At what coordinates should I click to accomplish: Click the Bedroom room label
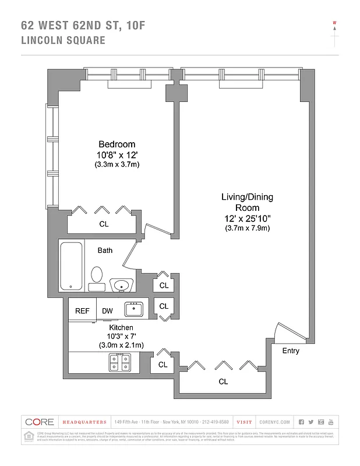(x=117, y=144)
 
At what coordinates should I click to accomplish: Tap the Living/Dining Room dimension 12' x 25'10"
(x=246, y=218)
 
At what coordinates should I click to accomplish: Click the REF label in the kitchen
(x=82, y=311)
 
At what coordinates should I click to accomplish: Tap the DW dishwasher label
(x=107, y=311)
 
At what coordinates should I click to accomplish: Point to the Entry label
(x=291, y=351)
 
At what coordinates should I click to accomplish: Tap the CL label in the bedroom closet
(x=104, y=224)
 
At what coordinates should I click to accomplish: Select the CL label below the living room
(x=223, y=382)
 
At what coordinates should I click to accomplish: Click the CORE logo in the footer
(x=40, y=422)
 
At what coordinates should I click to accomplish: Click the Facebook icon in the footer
(x=301, y=422)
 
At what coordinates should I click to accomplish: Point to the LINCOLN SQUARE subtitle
(x=63, y=40)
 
